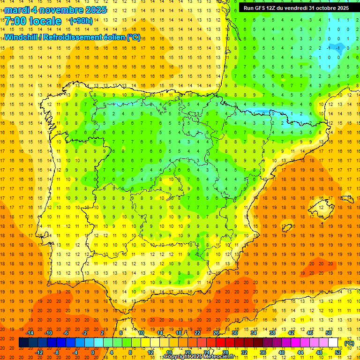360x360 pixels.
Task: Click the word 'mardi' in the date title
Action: pos(17,10)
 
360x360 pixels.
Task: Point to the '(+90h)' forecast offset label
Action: pos(81,21)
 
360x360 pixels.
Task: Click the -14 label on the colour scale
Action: pos(30,332)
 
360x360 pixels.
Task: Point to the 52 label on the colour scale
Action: pos(338,352)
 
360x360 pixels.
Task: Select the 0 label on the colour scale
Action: pos(92,352)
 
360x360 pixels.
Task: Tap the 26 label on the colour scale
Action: pos(216,332)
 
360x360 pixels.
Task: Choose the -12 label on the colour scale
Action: pos(39,352)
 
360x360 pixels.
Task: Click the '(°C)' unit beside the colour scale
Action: pos(349,343)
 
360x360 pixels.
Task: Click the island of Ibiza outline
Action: pos(286,228)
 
